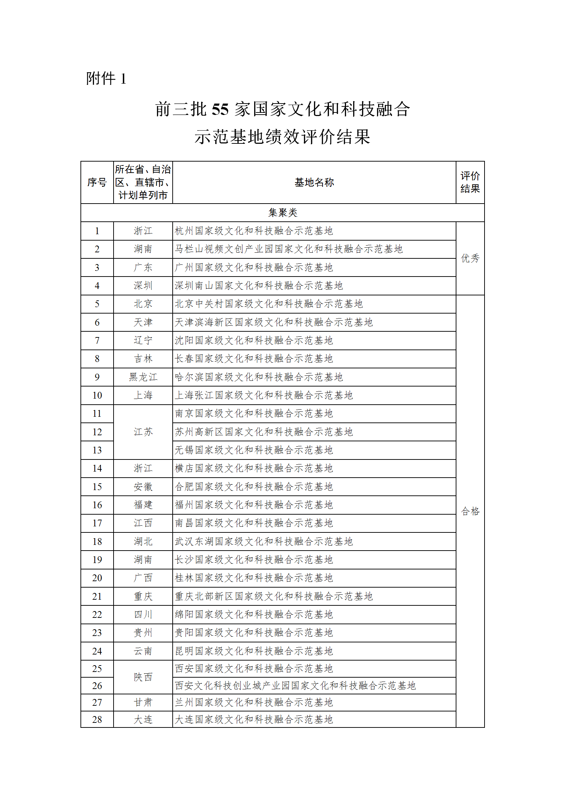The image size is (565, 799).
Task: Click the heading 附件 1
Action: [106, 79]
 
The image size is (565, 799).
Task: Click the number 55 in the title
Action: [220, 109]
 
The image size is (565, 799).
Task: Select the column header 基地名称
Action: [314, 183]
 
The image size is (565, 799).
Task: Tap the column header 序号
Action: [97, 183]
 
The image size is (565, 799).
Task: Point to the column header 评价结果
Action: [470, 182]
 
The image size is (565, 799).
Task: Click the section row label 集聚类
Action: [282, 213]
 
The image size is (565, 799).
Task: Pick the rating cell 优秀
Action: [470, 258]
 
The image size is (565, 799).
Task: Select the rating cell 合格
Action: [470, 511]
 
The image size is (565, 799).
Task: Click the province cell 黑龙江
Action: [143, 377]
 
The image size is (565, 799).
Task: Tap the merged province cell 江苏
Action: [143, 432]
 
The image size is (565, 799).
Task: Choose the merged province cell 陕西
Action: [143, 677]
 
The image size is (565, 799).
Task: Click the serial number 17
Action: [97, 523]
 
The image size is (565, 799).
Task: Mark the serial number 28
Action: [97, 720]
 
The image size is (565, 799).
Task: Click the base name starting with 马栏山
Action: [288, 249]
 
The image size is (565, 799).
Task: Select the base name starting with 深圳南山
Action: [258, 286]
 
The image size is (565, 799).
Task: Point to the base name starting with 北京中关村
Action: [268, 304]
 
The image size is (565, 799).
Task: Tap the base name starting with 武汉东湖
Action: [263, 542]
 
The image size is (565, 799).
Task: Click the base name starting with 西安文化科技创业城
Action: [295, 685]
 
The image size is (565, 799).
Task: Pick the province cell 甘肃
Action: [143, 703]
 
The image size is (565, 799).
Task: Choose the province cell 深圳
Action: [143, 286]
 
